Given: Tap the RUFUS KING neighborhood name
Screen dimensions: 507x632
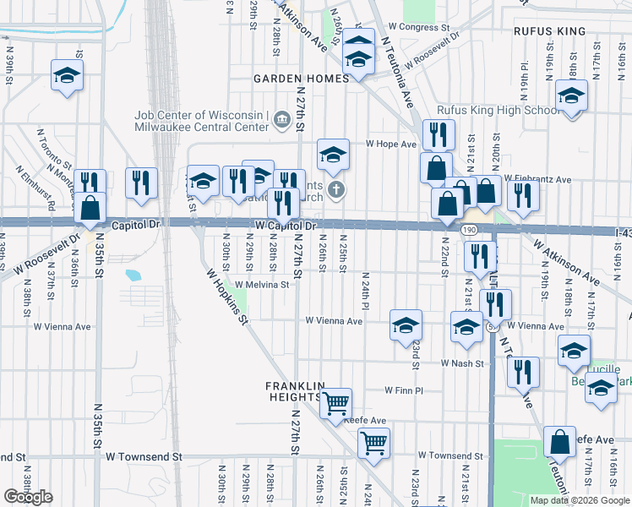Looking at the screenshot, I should [x=549, y=31].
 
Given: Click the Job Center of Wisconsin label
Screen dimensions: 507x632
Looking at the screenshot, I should [x=201, y=116].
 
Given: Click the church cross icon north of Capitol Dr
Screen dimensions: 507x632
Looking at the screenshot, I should [x=336, y=189].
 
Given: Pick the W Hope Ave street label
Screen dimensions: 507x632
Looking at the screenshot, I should [x=391, y=144].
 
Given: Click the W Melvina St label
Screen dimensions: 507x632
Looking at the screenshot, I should [x=262, y=285].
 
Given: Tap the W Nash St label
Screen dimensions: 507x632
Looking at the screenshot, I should [x=461, y=363].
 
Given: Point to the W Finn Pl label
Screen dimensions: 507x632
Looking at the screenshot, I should [x=403, y=390].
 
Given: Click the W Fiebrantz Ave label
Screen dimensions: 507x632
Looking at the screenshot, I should [x=537, y=179].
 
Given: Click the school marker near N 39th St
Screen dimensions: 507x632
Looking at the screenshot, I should [x=65, y=74].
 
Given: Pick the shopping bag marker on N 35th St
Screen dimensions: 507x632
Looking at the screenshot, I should [x=90, y=206].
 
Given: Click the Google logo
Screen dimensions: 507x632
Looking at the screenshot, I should [x=28, y=497].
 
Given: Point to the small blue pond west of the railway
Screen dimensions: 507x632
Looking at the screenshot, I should [x=133, y=275].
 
